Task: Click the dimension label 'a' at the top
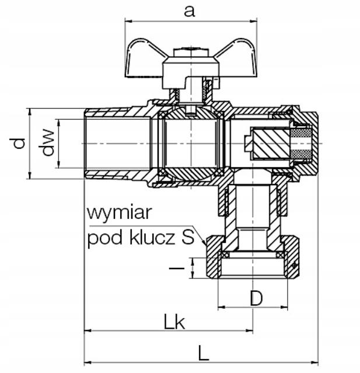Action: pyautogui.click(x=188, y=11)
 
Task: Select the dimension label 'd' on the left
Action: pyautogui.click(x=19, y=142)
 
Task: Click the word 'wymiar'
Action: pyautogui.click(x=119, y=213)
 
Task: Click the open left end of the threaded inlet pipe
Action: pyautogui.click(x=86, y=143)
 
